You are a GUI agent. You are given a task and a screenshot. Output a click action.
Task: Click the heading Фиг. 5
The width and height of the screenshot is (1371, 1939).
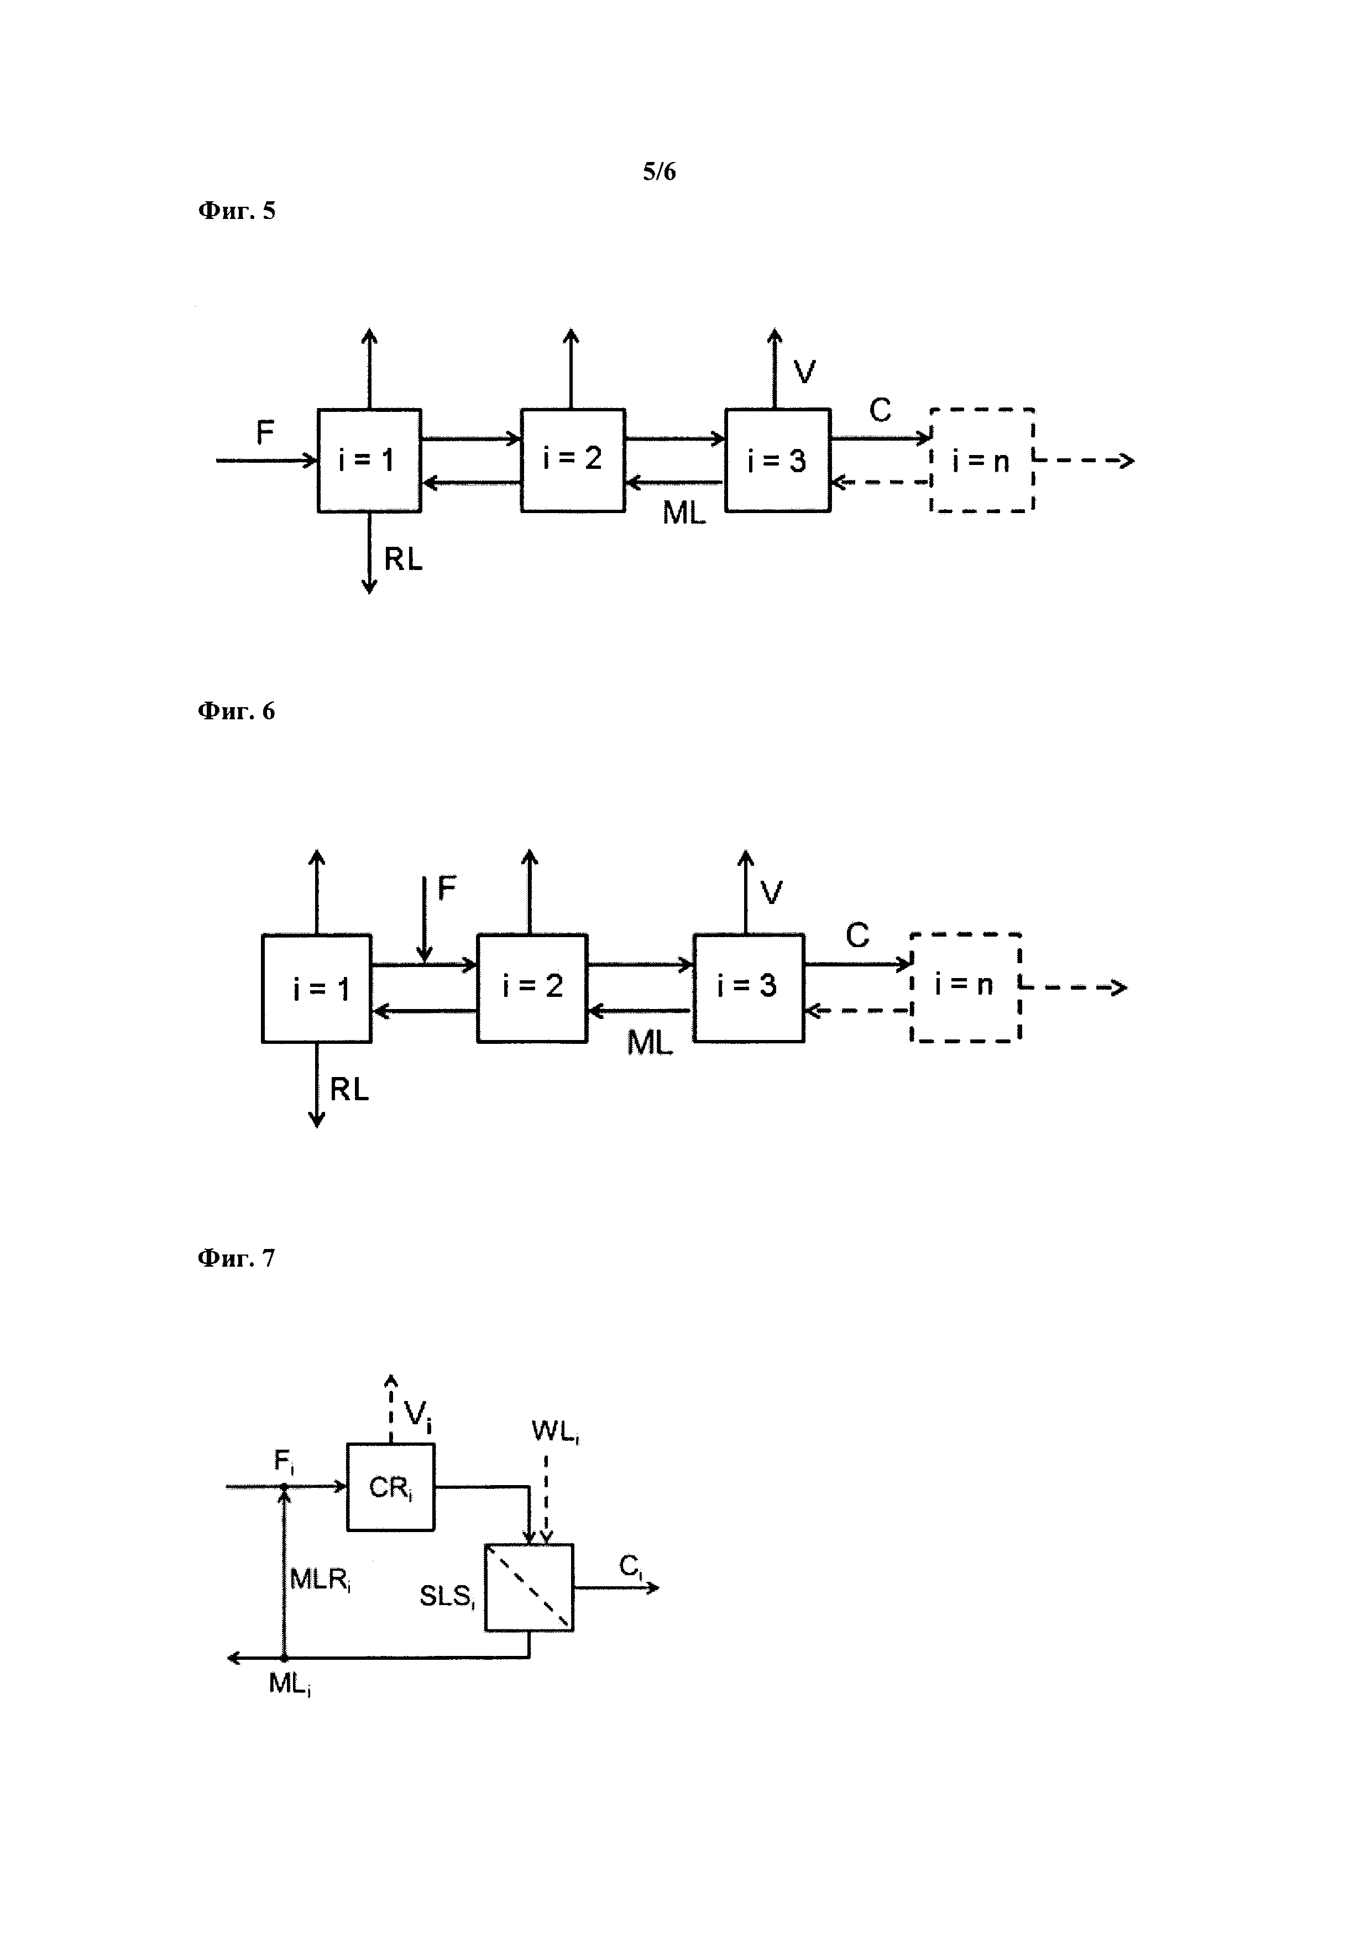click(237, 210)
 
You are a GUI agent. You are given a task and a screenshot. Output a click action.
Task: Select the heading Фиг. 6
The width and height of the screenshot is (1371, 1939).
click(237, 711)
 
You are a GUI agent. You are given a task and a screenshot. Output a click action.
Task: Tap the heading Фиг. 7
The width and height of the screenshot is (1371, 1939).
click(237, 1258)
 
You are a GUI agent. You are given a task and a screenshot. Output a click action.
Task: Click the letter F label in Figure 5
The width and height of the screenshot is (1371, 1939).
click(265, 433)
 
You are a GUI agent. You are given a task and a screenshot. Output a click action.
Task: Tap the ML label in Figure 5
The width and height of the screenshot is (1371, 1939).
click(684, 513)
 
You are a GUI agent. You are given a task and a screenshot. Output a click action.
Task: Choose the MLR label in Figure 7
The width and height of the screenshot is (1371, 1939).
click(320, 1579)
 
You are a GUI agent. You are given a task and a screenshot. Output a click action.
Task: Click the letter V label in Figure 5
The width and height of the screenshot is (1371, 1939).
click(804, 372)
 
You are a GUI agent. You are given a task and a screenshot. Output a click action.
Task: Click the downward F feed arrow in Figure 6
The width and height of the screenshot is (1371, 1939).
click(425, 921)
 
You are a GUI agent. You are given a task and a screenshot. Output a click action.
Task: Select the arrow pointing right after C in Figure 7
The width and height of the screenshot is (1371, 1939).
click(616, 1588)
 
